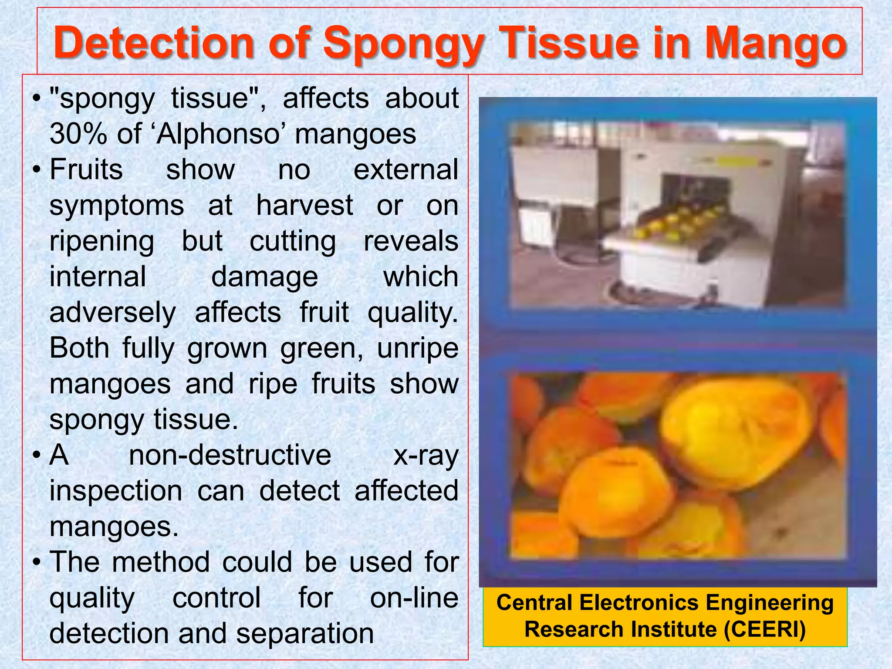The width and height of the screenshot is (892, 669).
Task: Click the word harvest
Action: click(304, 205)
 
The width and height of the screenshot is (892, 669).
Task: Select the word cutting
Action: click(293, 241)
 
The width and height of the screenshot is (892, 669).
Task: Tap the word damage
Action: click(264, 277)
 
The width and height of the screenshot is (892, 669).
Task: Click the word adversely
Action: click(112, 312)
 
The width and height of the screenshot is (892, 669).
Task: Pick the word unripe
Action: click(417, 348)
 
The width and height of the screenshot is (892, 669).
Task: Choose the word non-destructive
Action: click(230, 455)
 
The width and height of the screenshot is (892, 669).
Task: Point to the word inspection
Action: click(116, 491)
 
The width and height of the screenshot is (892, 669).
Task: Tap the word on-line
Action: click(414, 598)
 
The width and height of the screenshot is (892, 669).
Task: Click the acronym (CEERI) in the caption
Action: click(764, 629)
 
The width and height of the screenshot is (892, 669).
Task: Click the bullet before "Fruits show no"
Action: click(38, 169)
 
